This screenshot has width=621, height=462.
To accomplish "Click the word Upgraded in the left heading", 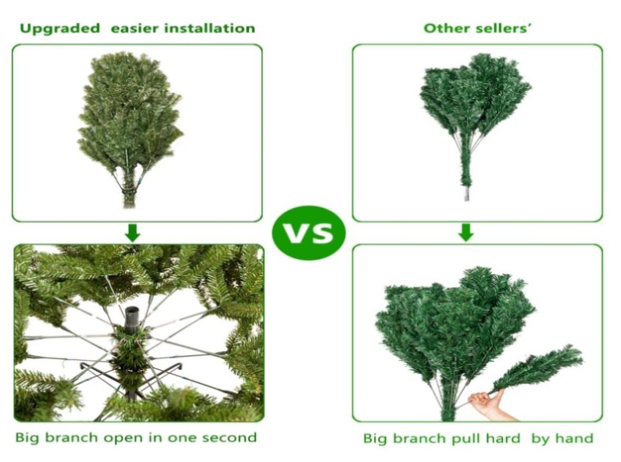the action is [60, 29].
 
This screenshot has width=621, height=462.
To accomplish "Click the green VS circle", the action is [309, 232].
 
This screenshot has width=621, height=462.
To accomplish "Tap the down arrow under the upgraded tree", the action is [132, 233].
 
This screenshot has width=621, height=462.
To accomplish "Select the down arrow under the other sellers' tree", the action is [466, 232].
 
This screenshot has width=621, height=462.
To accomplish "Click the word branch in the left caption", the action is [71, 438].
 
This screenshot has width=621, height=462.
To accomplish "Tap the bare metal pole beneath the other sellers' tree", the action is [467, 194].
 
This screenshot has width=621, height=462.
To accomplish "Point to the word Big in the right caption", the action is [375, 439].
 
